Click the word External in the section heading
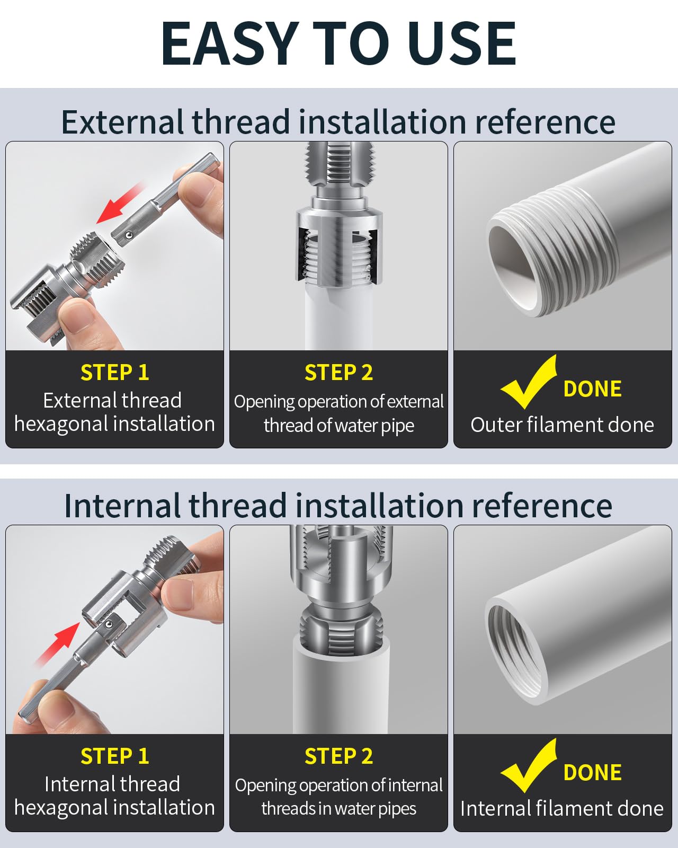[x=122, y=122]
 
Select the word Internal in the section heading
[x=122, y=506]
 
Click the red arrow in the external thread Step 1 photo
[x=120, y=203]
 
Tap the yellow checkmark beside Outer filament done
[x=529, y=382]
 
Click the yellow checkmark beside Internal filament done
[x=529, y=765]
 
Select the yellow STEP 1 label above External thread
[x=114, y=373]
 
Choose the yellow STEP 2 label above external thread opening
[x=339, y=373]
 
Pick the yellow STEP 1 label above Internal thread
[x=114, y=756]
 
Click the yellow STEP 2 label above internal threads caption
[x=339, y=756]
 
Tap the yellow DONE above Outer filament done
[x=592, y=388]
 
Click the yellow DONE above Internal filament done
[x=592, y=772]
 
